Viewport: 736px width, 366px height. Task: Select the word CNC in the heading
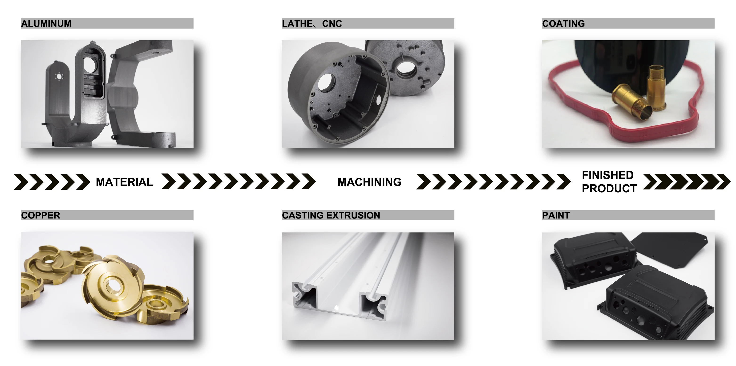click(x=332, y=23)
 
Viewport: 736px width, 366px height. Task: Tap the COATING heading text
click(x=563, y=23)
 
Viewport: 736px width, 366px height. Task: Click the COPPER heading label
click(x=40, y=215)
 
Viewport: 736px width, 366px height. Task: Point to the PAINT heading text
click(x=556, y=215)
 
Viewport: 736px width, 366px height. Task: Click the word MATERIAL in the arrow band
click(x=124, y=182)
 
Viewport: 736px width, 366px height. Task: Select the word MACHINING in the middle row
click(x=369, y=182)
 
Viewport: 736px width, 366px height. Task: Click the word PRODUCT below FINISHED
click(x=609, y=189)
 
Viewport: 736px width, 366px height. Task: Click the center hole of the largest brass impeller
click(x=112, y=285)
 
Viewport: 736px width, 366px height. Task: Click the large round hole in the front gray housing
click(x=327, y=82)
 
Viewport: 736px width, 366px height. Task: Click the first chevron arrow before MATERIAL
click(x=21, y=182)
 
